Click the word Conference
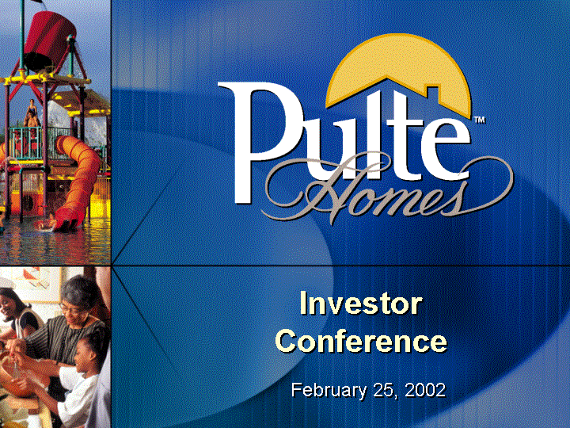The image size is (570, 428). coord(361,341)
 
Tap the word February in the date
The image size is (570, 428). coord(329,391)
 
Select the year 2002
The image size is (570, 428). coord(425,390)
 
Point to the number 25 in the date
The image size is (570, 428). coord(384,390)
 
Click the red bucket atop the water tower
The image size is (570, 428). coord(50,40)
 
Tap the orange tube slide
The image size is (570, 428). coord(78,178)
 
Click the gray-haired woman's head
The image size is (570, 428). coord(77,296)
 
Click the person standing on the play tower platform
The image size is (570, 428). coord(32,113)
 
